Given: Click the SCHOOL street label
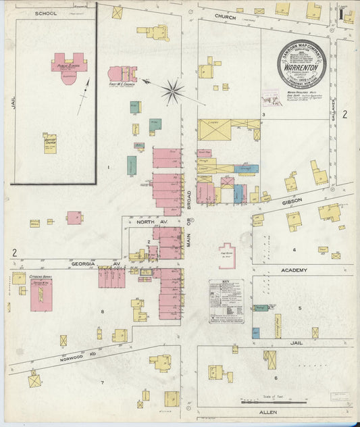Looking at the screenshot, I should pyautogui.click(x=46, y=14).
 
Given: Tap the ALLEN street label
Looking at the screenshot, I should pyautogui.click(x=268, y=411).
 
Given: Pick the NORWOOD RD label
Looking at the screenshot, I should pyautogui.click(x=74, y=352).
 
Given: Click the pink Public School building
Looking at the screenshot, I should pyautogui.click(x=68, y=64).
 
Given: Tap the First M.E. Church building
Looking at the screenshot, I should pyautogui.click(x=123, y=74).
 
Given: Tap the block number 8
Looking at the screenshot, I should pyautogui.click(x=103, y=311).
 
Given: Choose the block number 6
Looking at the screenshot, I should pyautogui.click(x=276, y=378).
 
